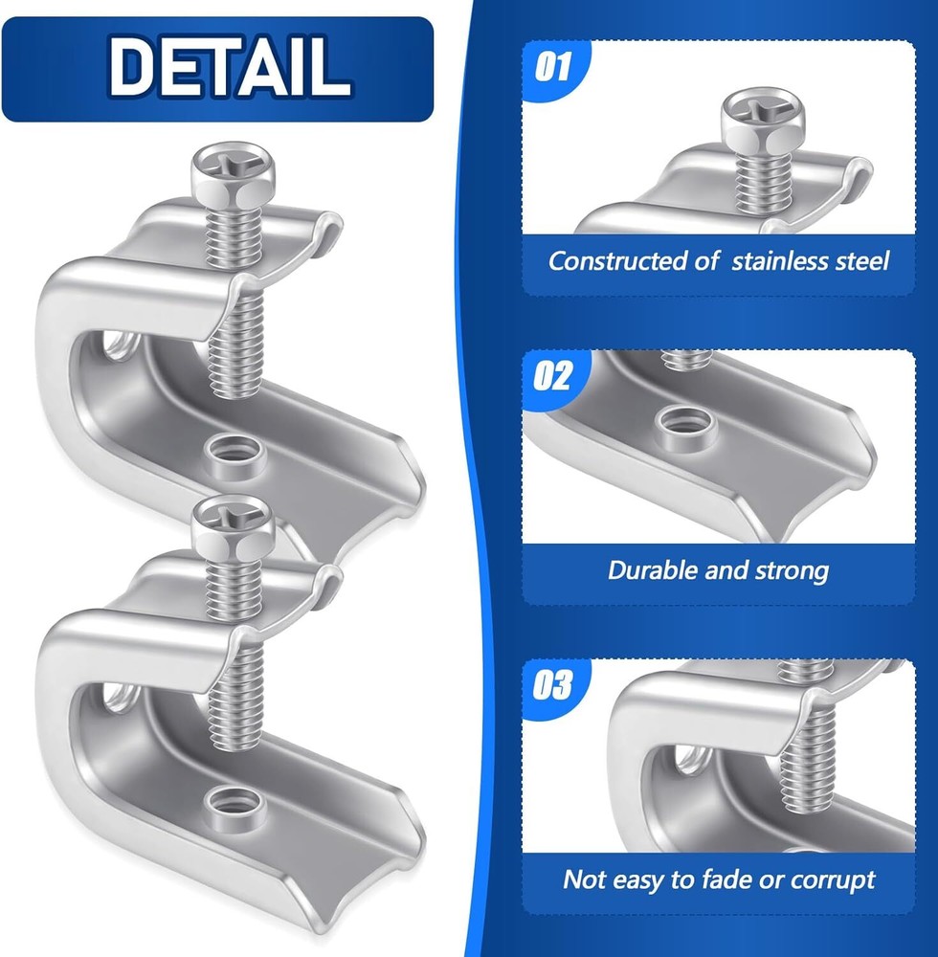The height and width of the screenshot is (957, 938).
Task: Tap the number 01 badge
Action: (x=553, y=66)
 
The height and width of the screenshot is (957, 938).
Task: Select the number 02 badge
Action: (x=553, y=375)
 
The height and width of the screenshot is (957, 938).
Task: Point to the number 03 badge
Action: (x=553, y=685)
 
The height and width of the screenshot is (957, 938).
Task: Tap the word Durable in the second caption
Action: (x=653, y=570)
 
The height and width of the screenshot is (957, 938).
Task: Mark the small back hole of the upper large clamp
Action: (x=119, y=345)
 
